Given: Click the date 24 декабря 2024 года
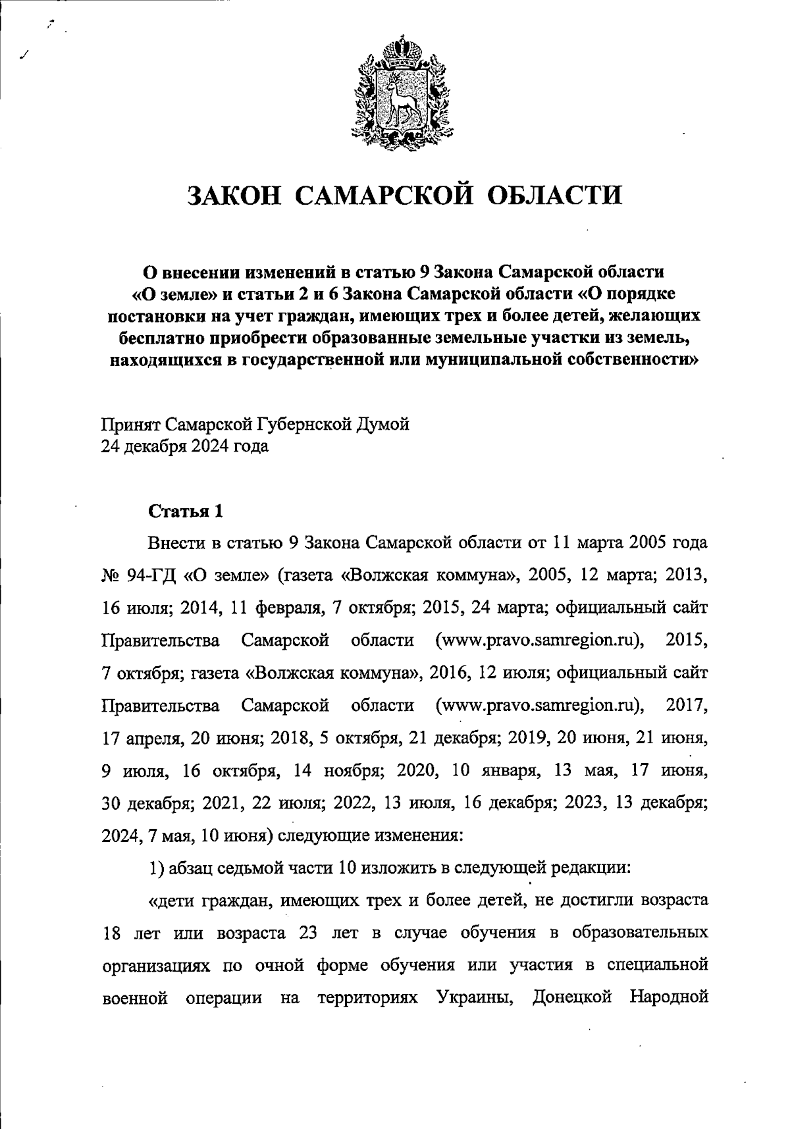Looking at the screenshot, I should point(184,446).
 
